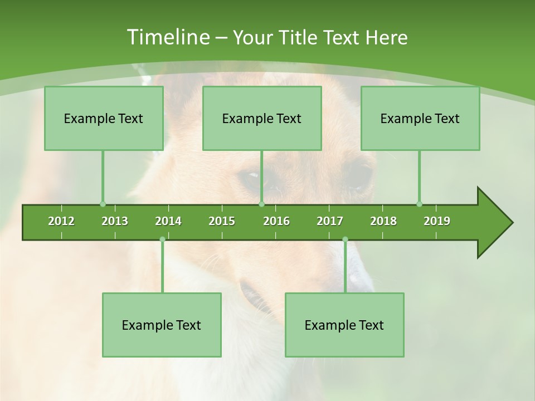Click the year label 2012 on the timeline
[61, 221]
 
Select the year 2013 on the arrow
[115, 221]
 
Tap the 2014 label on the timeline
[168, 221]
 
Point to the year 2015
[222, 221]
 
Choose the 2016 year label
[276, 221]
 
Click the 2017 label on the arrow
[330, 221]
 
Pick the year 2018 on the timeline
[383, 221]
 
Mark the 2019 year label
[437, 221]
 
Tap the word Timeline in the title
[168, 37]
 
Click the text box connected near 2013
[104, 118]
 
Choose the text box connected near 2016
[262, 118]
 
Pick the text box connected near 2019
[420, 118]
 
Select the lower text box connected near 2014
[162, 325]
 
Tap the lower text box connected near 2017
[344, 325]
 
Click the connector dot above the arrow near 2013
[103, 204]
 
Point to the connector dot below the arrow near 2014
[162, 239]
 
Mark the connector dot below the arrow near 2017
[345, 239]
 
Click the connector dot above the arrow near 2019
[419, 204]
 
